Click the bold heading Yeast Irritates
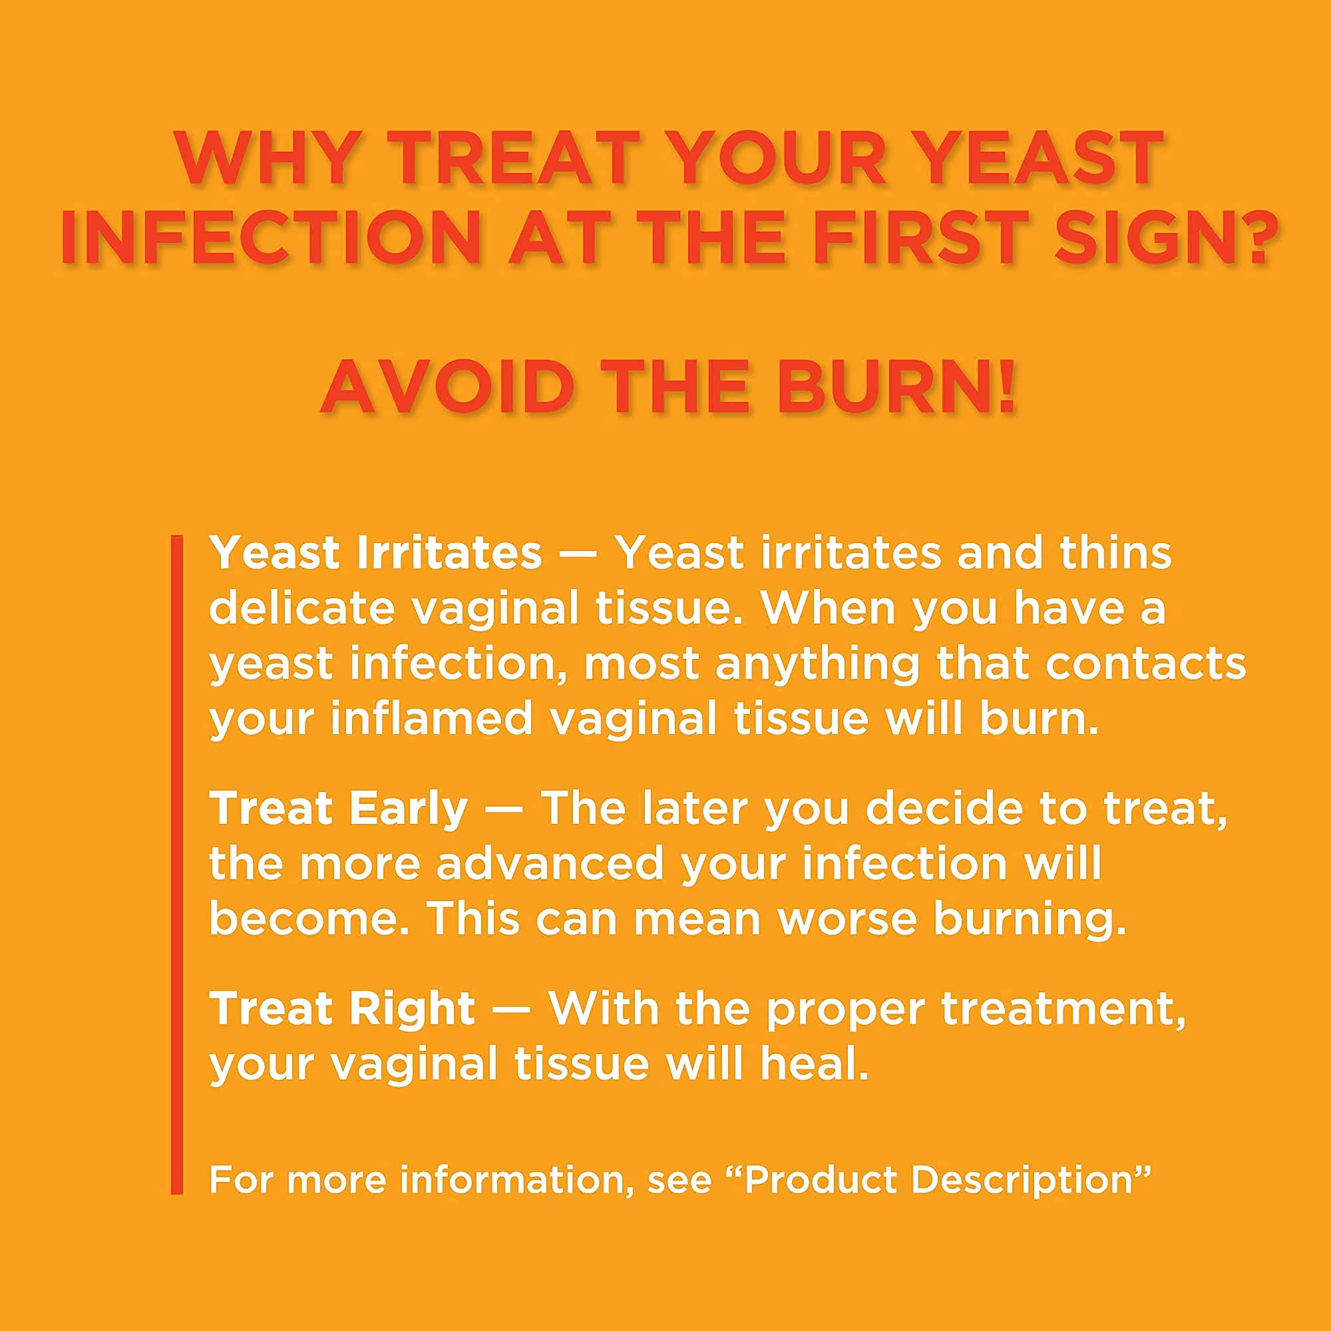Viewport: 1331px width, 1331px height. pos(375,553)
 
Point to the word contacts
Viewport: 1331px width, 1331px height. pos(1145,664)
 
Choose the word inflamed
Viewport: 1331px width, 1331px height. pos(431,719)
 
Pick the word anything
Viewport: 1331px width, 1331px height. pos(817,665)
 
